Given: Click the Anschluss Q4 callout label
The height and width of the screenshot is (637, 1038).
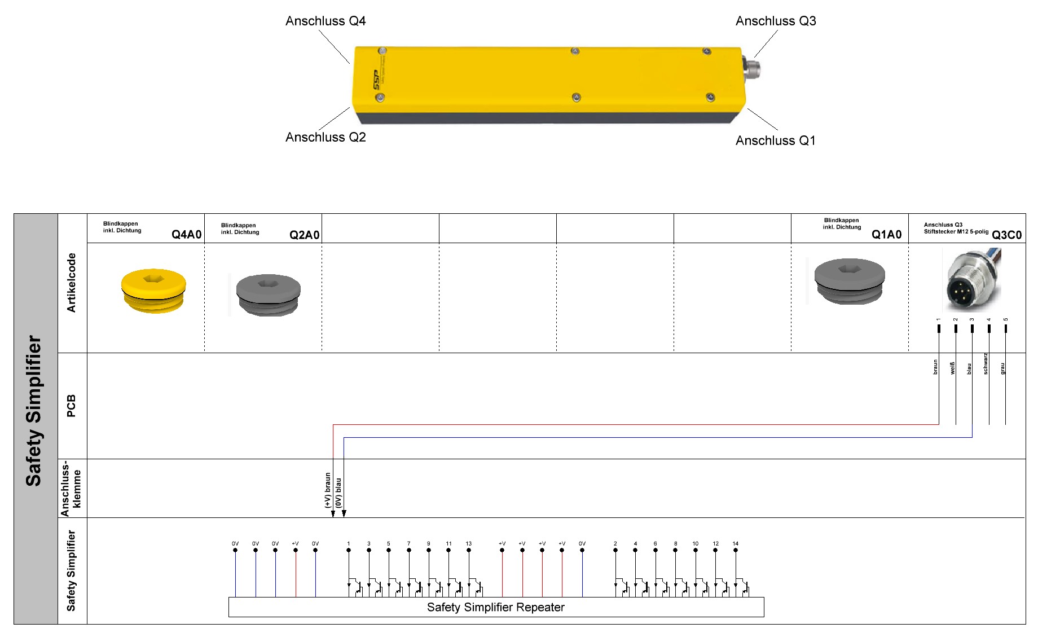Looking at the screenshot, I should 326,21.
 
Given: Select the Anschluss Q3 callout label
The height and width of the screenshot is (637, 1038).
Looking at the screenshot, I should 776,21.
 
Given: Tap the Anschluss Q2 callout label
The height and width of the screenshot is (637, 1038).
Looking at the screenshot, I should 326,137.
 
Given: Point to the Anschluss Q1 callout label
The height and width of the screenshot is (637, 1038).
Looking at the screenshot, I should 776,140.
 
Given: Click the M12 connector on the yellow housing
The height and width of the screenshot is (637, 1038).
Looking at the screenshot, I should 752,69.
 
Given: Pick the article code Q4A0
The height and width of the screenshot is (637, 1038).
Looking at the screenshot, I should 187,235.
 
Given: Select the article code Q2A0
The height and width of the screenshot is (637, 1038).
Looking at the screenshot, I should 305,235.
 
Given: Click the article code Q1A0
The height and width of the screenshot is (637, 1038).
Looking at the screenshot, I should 887,235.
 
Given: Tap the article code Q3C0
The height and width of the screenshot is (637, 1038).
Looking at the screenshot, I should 1007,235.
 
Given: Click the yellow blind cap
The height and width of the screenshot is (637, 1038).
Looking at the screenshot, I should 153,291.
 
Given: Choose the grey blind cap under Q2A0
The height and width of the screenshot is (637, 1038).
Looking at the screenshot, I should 268,295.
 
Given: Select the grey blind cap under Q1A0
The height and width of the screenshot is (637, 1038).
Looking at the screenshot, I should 850,281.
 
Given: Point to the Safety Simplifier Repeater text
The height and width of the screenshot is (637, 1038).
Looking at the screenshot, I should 496,607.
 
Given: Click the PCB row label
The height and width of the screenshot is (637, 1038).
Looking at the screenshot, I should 71,406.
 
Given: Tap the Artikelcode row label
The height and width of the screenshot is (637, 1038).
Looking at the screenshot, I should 71,283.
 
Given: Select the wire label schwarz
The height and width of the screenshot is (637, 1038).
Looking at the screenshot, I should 986,364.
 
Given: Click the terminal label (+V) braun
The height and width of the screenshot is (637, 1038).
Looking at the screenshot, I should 328,490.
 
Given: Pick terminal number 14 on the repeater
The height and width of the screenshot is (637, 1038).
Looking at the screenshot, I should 736,544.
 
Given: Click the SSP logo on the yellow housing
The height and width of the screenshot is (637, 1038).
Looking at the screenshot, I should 376,80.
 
